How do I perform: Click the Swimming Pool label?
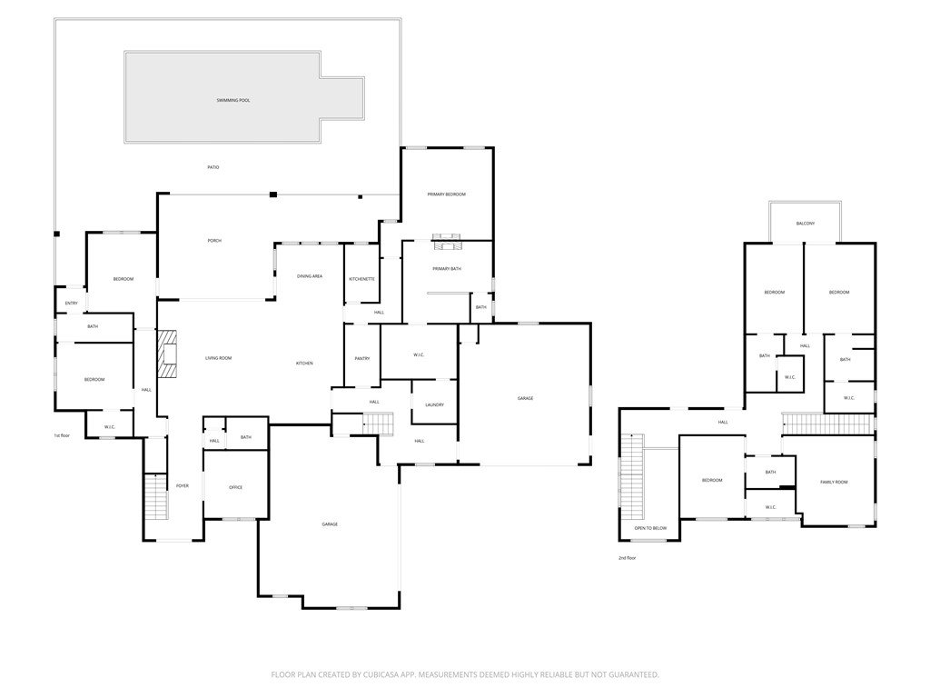click(233, 100)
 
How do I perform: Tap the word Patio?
click(213, 167)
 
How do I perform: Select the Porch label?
click(214, 241)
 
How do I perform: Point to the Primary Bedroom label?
click(447, 194)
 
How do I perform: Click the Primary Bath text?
click(447, 269)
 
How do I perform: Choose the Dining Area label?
click(310, 276)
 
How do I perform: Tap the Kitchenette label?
click(361, 279)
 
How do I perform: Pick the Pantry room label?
click(361, 359)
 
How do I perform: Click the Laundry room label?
click(434, 404)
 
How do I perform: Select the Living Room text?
click(218, 359)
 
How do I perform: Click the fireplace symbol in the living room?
click(166, 354)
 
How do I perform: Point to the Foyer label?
click(183, 486)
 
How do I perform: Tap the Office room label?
click(235, 488)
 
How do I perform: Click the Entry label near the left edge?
click(71, 304)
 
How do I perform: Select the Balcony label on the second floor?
click(805, 224)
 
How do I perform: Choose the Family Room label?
click(834, 482)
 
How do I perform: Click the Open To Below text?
click(650, 528)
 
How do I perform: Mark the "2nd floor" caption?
click(627, 558)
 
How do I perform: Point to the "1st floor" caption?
click(61, 436)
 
